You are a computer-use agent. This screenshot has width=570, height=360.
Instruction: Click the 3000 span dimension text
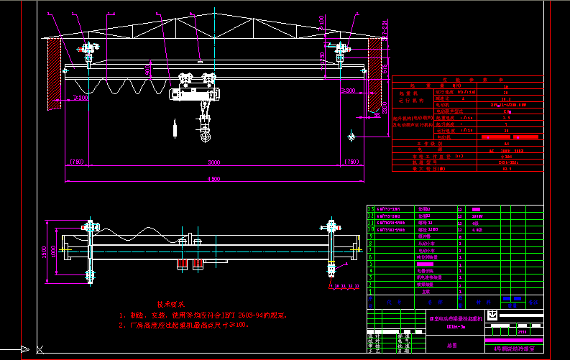[209, 162]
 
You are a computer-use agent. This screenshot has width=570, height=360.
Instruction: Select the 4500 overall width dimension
[209, 177]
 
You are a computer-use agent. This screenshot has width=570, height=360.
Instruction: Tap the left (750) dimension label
[76, 162]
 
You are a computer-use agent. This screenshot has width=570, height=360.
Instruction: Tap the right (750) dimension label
[351, 162]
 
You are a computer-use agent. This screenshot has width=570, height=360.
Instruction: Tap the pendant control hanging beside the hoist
[174, 129]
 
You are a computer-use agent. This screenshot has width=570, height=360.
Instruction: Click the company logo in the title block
[492, 315]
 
